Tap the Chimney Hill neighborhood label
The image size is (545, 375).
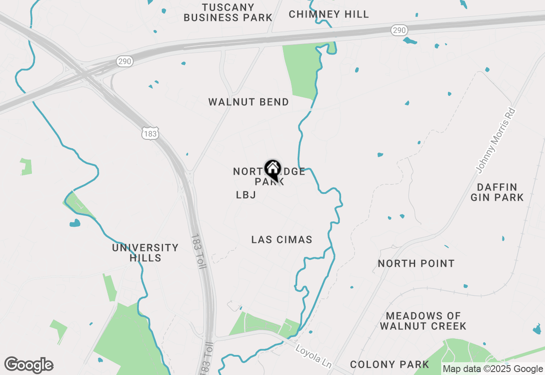[x=329, y=14]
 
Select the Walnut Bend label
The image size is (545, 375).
[x=249, y=102]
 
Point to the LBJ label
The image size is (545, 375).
[x=246, y=195]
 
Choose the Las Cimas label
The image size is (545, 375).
[x=282, y=240]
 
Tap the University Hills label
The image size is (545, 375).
[x=145, y=253]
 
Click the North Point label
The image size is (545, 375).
[x=416, y=264]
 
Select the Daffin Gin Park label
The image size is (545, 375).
[x=497, y=192]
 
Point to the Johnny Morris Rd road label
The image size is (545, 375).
[x=496, y=141]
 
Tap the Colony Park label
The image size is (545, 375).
[x=390, y=365]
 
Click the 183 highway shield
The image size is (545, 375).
[x=150, y=134]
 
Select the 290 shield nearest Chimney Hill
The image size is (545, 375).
[x=399, y=30]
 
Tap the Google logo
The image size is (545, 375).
[x=29, y=365]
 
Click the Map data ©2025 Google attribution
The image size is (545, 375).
[x=493, y=369]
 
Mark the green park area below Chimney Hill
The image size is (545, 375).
[x=301, y=70]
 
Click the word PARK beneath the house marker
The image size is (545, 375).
[x=269, y=182]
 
